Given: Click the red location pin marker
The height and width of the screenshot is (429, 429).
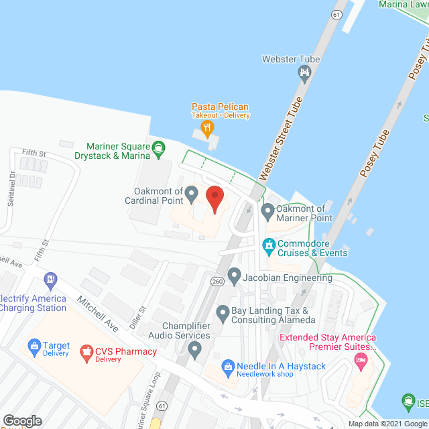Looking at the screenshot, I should coord(214,199).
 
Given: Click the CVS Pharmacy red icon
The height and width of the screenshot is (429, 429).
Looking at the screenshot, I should coord(86,351).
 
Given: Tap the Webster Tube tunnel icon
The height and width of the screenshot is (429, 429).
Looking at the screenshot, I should coord(306,72).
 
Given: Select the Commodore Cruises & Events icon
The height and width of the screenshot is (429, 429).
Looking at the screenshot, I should coord(269,247).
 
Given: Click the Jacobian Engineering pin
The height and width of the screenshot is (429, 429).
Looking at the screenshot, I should coord(234,275).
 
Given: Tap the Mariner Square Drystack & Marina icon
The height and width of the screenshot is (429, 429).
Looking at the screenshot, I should coord(158,147).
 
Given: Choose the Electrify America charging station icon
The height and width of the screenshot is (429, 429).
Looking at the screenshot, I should coord(50,278).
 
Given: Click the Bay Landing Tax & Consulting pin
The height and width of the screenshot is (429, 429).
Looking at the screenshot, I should coord(223,312).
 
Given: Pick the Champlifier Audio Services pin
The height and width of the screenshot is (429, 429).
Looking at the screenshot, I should coord(194,348).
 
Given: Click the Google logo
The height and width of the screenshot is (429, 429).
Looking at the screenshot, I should coord(21,420).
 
